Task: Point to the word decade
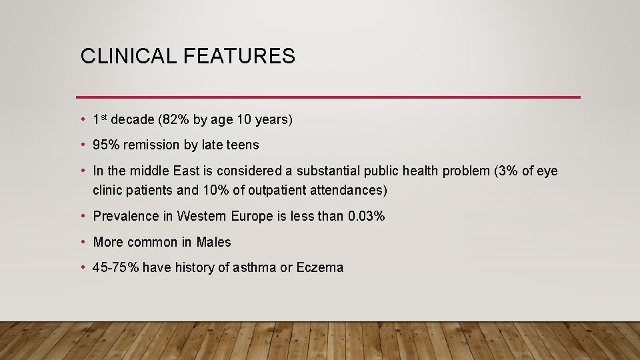(x=133, y=120)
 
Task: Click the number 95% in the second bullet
(x=106, y=145)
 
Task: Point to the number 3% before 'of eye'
(x=508, y=171)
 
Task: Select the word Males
(x=214, y=242)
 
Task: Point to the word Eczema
(x=320, y=268)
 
